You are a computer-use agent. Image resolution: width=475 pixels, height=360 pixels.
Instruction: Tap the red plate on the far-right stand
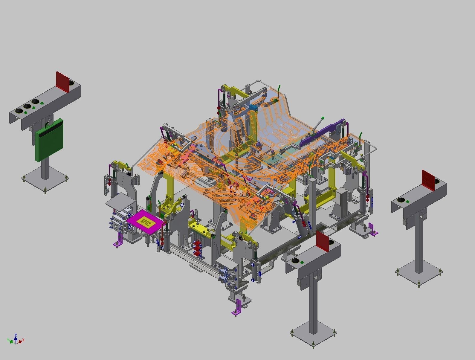coord(428,180)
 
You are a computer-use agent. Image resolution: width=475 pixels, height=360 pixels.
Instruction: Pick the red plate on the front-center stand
coord(322,242)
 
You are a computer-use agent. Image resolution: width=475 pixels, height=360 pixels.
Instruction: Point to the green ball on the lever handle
coord(323,118)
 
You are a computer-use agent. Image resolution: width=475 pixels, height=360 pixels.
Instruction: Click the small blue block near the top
coord(254,107)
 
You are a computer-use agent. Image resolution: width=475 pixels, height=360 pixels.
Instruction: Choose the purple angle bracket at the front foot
coord(238,308)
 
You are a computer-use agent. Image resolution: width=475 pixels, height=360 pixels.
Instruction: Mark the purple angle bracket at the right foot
coord(373,229)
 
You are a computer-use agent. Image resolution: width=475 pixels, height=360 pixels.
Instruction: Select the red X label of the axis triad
coord(23,340)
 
